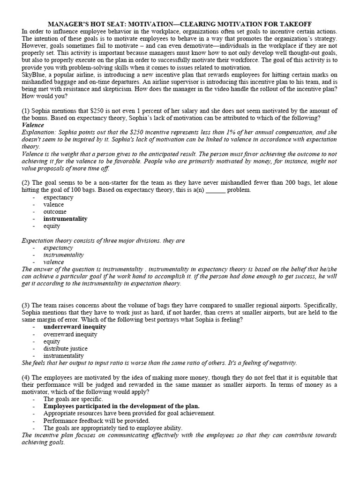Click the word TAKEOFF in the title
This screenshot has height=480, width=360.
pos(292,24)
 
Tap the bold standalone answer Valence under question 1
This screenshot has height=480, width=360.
pos(33,125)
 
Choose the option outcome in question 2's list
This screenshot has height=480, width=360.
pos(55,211)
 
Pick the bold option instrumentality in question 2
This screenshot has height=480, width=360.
pos(65,218)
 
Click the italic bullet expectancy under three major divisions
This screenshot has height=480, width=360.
pos(58,247)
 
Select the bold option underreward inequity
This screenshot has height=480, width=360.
pos(75,327)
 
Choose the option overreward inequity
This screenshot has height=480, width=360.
pos(70,334)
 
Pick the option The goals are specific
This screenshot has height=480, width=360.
pos(73,399)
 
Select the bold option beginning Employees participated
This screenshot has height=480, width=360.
pos(121,406)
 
